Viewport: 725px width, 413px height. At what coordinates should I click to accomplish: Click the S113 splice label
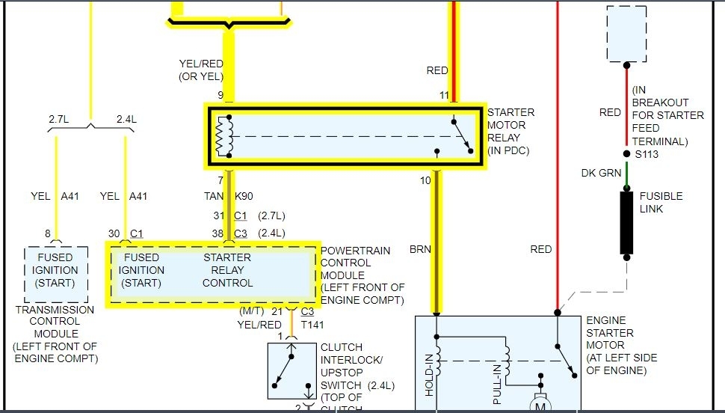pos(647,155)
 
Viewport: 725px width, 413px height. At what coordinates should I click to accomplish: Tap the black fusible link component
pos(626,222)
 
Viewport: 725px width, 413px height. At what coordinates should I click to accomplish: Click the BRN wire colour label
pos(420,249)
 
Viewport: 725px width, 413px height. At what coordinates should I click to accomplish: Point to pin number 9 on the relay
pos(220,95)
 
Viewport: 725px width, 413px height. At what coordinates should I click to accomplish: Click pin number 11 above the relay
pos(445,95)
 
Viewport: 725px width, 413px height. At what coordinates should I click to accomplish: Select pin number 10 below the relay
pos(426,180)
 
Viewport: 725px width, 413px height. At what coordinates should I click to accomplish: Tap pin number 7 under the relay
pos(220,180)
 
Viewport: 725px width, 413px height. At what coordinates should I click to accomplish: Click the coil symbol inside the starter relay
pos(222,136)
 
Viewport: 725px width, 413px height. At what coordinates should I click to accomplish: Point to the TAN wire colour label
pos(213,197)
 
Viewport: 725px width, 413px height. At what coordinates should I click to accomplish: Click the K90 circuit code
pos(244,197)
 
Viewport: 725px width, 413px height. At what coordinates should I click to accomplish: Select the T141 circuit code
pos(312,324)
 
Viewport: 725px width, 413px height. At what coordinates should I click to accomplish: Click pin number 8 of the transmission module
pos(48,233)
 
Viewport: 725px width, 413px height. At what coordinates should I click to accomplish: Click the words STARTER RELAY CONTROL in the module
pos(227,270)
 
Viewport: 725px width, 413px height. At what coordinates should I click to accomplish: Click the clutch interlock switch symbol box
pos(292,371)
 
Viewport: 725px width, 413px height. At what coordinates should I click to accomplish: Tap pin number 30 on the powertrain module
pos(114,233)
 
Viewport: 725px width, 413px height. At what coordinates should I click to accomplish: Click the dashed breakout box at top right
pos(626,34)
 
